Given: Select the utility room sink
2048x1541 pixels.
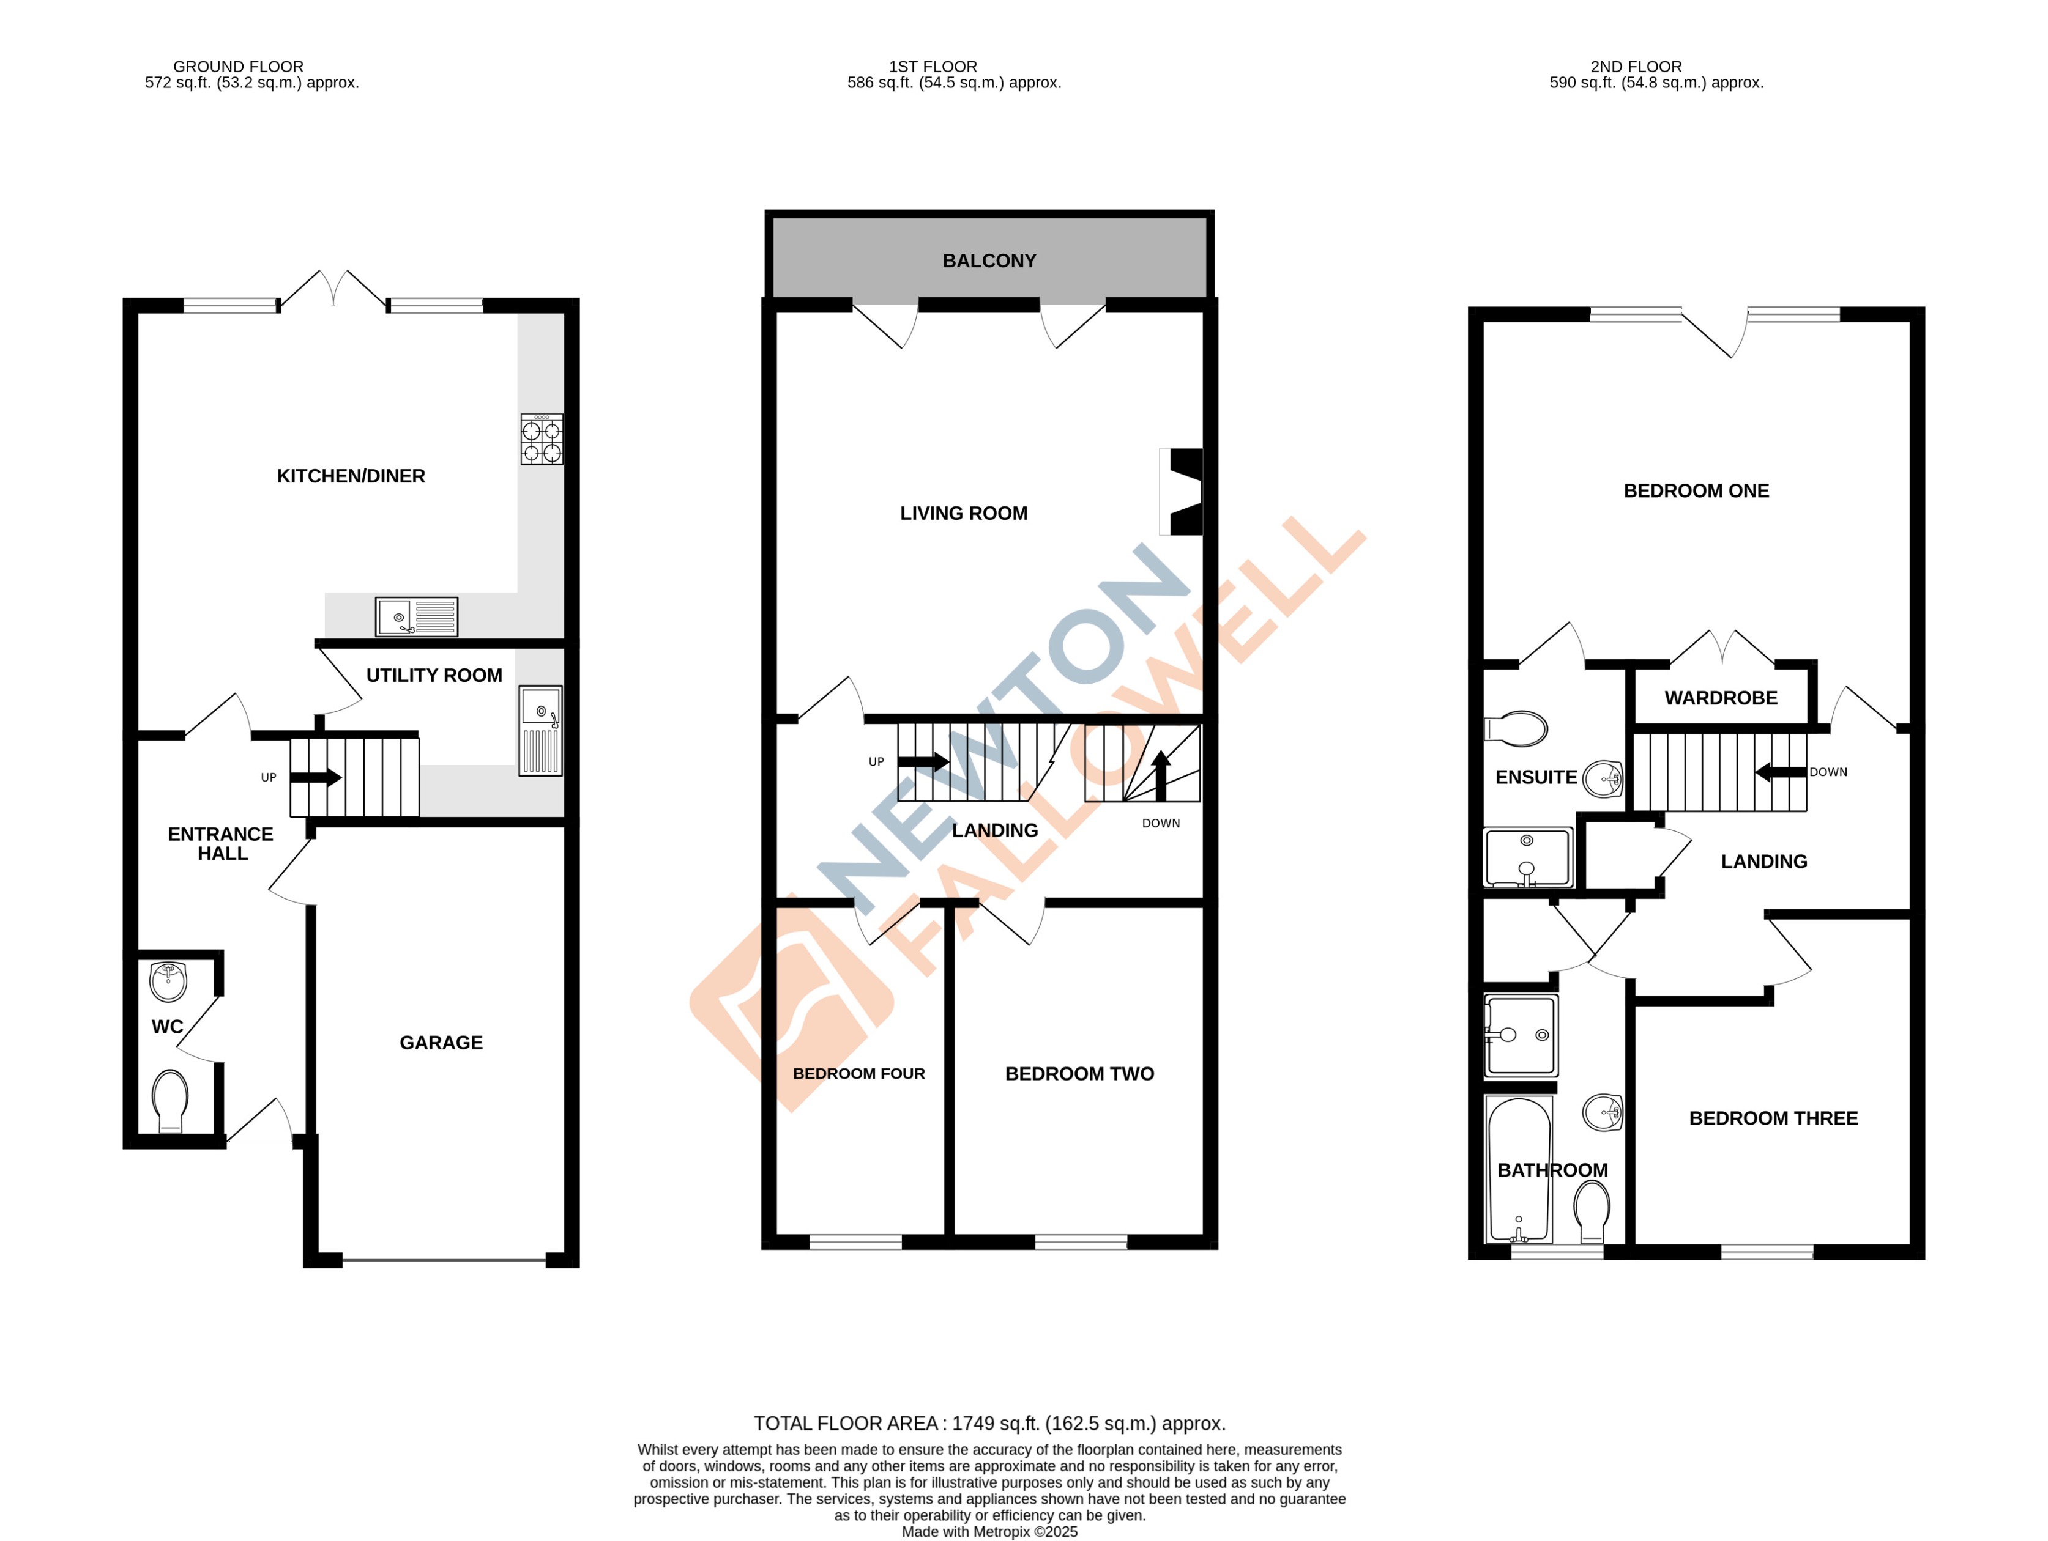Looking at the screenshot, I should tap(540, 730).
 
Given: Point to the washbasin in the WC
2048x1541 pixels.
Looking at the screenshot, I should tap(168, 981).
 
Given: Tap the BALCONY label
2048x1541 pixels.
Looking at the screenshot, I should tap(989, 261).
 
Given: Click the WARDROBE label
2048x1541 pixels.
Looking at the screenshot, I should tap(1720, 698).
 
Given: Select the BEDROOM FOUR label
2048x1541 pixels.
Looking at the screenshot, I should tap(858, 1074).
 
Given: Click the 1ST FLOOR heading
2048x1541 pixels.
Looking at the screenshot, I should tap(933, 67).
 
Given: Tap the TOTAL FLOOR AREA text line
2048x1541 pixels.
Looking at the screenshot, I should tap(989, 1424).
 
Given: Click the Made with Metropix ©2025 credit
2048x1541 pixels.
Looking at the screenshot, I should tap(989, 1532).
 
